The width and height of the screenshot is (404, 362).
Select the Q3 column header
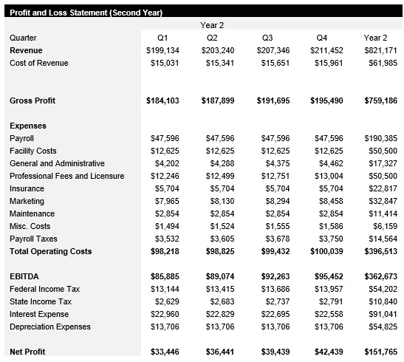pyautogui.click(x=267, y=38)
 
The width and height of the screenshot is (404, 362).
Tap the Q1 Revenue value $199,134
pyautogui.click(x=162, y=50)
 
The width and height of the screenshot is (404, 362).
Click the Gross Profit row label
pyautogui.click(x=32, y=100)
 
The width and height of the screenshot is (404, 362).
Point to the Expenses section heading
pyautogui.click(x=28, y=126)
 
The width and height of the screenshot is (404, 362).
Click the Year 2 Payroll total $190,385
pyautogui.click(x=380, y=138)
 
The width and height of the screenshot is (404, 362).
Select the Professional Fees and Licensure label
pyautogui.click(x=66, y=176)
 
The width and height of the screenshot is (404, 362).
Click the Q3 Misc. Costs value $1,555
pyautogui.click(x=276, y=226)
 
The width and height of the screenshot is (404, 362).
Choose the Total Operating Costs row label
pyautogui.click(x=51, y=251)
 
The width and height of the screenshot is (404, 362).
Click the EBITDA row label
pyautogui.click(x=24, y=276)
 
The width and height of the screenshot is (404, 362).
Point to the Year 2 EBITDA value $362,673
pyautogui.click(x=380, y=276)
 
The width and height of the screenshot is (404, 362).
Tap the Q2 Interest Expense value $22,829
pyautogui.click(x=218, y=314)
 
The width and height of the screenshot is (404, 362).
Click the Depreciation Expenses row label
pyautogui.click(x=50, y=327)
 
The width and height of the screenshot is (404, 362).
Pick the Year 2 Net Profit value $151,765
pyautogui.click(x=380, y=352)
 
